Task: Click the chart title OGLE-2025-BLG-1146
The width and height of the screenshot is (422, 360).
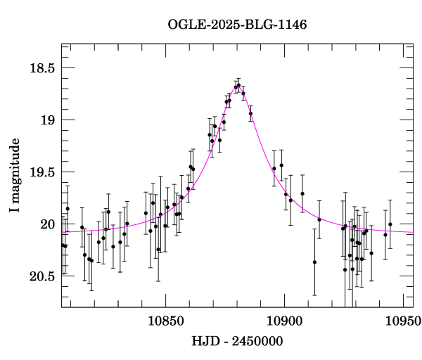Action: tap(237, 25)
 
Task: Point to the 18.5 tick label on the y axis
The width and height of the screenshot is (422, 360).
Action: tap(40, 68)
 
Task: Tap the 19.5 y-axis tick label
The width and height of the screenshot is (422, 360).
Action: tap(40, 172)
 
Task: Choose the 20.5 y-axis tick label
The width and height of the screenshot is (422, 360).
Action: tap(40, 276)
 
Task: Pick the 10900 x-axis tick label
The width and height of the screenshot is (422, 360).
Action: tap(284, 321)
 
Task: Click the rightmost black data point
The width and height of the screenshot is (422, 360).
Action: tap(390, 224)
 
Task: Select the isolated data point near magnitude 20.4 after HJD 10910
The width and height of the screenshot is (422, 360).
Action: tap(314, 262)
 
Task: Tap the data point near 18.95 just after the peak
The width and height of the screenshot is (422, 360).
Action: tap(250, 113)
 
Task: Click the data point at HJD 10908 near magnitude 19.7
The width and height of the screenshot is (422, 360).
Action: tap(302, 193)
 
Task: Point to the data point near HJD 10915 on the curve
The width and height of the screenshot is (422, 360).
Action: tap(319, 219)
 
